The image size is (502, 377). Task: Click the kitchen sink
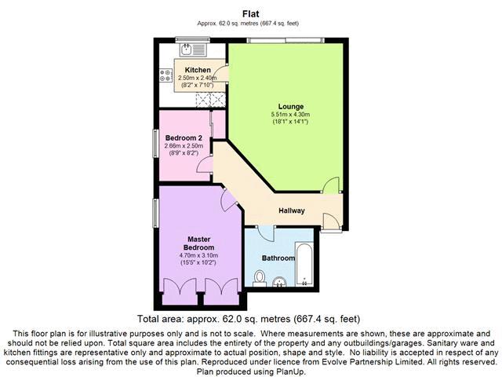pos(194,49)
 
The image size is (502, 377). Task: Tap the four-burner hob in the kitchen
pos(166,75)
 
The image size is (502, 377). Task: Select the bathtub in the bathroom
pos(304,265)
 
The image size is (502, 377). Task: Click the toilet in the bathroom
pos(260,278)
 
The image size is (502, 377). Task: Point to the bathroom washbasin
pos(280,281)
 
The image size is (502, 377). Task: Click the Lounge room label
pos(291,107)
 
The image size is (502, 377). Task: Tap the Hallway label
pos(291,210)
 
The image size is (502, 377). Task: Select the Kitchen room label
pos(198,70)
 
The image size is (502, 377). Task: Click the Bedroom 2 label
pos(184,138)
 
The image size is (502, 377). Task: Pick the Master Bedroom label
pos(198,243)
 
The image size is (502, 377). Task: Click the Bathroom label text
pos(278,258)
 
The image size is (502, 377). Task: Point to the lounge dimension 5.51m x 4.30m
pos(290,115)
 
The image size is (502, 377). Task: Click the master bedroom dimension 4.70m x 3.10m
pos(198,255)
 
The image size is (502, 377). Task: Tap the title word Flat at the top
pos(251,14)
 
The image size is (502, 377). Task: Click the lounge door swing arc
pos(331,185)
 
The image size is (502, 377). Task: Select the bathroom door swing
pos(266,234)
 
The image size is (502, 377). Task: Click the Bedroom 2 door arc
pos(204,164)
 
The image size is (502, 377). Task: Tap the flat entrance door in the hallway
pos(332,221)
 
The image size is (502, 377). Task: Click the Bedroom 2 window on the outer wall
pos(155,143)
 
